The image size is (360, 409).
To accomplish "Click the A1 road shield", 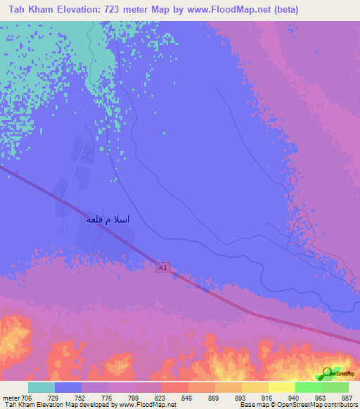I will pos(163,268).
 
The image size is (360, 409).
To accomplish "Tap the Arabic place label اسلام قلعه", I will pos(108,219).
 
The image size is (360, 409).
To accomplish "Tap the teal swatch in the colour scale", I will pos(41,387).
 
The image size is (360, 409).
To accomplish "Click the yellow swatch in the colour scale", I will pos(282,387).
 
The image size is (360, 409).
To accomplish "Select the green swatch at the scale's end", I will pos(335,387).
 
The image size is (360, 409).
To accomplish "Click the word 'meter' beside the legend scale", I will pos(11,397).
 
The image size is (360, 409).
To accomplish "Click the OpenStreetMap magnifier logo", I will pos(328,372).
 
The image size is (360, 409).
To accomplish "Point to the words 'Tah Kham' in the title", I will pos(31,10).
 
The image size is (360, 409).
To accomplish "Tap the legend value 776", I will pos(108,397).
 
